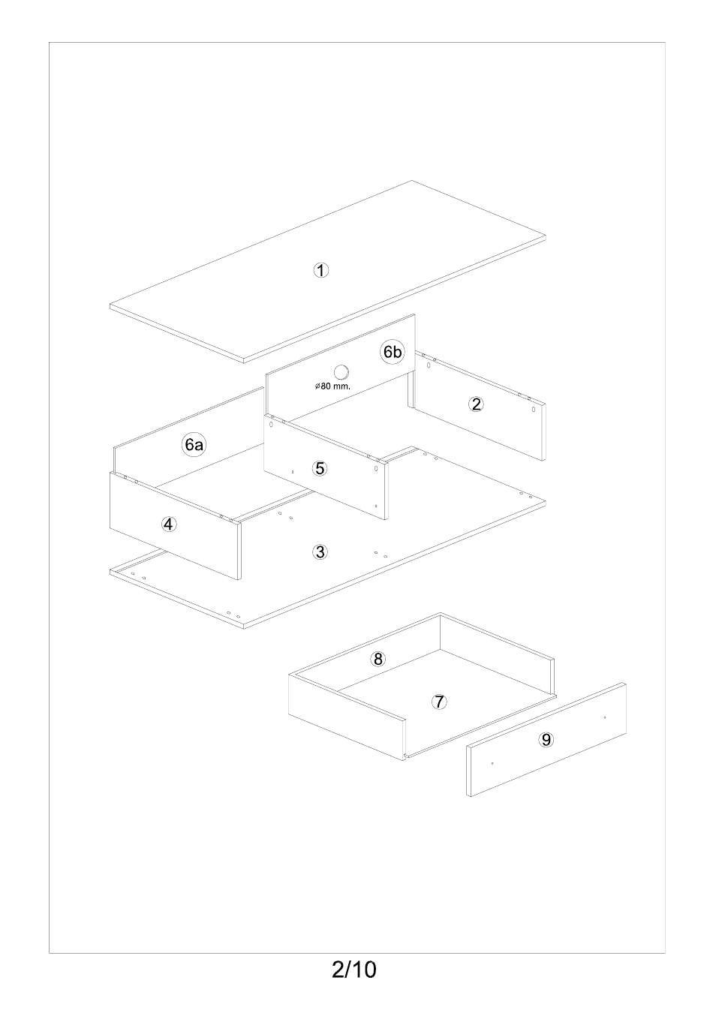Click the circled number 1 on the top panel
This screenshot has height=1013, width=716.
[321, 270]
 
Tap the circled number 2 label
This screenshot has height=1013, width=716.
[476, 404]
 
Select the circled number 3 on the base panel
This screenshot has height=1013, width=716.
[320, 552]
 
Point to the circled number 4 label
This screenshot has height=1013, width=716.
[169, 525]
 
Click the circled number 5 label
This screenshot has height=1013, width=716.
[320, 468]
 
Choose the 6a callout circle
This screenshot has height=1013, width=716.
[194, 445]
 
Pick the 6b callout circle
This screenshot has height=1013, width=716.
[393, 352]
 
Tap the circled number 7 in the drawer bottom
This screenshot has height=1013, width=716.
[439, 702]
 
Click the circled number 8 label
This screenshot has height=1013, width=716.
[378, 659]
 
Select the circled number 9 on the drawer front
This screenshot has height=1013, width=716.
[546, 740]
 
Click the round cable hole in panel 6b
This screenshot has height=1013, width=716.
[341, 373]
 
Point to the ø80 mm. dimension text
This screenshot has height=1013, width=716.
[333, 386]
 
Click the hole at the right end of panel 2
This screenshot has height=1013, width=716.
[534, 410]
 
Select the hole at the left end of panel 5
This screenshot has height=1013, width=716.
[271, 425]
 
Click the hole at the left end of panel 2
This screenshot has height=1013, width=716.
[429, 365]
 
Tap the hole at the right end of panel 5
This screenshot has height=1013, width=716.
[376, 469]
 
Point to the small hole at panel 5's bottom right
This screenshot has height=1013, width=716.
[376, 506]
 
